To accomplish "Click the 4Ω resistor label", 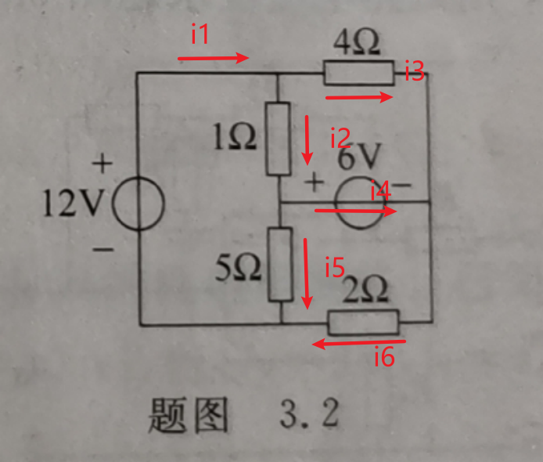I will coord(357,43).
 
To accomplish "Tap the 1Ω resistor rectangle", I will coord(279,139).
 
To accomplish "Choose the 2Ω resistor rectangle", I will coord(363,321).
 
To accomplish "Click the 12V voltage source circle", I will coord(138,205).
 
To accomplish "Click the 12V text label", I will coord(75,205).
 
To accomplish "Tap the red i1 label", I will coord(200,35).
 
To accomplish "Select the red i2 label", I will coord(339,139).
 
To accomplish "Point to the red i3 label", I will coord(414,73).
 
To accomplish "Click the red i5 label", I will coord(335,268).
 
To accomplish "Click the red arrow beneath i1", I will coord(213,58).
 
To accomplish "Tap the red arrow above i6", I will coord(359,342).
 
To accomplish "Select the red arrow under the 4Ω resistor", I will coord(358,97).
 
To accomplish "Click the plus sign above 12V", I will coord(102,164).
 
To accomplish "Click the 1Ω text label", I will coord(232,139).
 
